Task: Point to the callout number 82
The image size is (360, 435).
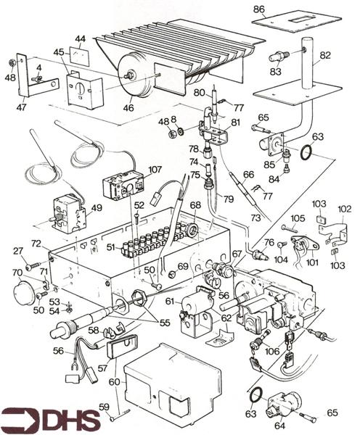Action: [325, 55]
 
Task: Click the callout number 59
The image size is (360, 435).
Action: [104, 406]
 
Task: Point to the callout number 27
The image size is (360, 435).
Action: [18, 252]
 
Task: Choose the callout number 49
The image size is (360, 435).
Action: [96, 208]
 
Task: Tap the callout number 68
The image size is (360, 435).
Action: [195, 205]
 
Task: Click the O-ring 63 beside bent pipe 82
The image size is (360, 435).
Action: [307, 152]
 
